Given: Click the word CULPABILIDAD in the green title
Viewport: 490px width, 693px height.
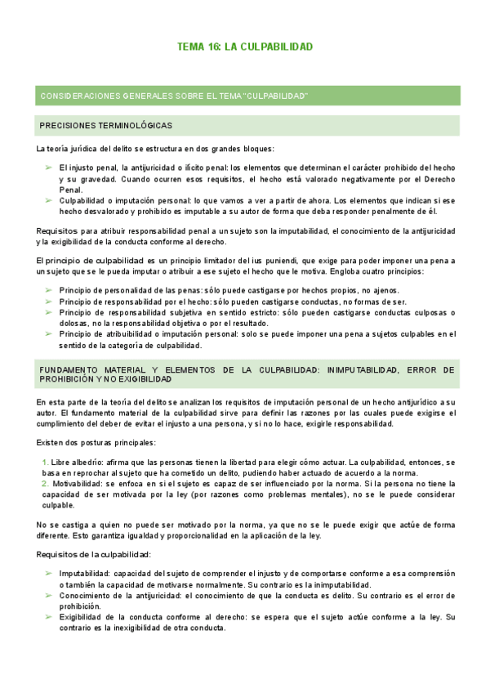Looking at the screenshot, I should [x=275, y=47].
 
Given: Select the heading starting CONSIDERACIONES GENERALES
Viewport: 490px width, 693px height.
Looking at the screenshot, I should [x=173, y=96].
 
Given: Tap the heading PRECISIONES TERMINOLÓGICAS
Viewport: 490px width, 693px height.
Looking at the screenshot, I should [x=105, y=126].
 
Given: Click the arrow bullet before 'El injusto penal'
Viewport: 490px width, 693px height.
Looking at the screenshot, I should [x=48, y=168].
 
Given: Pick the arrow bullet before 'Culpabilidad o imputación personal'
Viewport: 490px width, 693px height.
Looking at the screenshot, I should [x=48, y=200].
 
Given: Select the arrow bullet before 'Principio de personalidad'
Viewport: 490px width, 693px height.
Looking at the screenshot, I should [x=48, y=291].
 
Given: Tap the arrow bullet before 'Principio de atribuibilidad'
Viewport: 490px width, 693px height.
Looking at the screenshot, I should [x=48, y=333].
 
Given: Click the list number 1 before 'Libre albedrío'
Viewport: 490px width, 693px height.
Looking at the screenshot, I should [x=45, y=463].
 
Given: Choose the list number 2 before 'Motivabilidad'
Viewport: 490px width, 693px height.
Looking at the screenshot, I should [x=45, y=485].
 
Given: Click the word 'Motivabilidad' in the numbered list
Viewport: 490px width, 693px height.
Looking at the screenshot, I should [x=76, y=485].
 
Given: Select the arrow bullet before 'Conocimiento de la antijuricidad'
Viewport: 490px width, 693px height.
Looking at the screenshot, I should [x=48, y=596].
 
